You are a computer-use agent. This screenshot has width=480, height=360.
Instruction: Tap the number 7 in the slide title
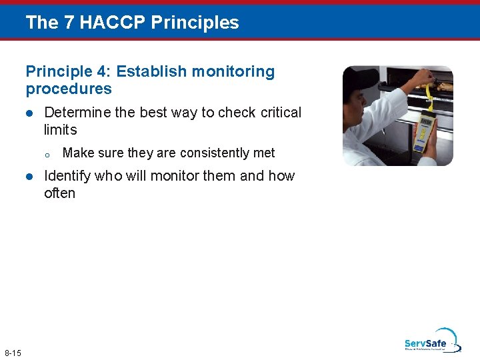click(x=70, y=23)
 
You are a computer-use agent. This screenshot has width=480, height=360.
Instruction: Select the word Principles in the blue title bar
click(x=195, y=23)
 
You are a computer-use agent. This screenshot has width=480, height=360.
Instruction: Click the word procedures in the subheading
click(x=69, y=89)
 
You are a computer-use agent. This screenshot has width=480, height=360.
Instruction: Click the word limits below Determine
click(x=60, y=130)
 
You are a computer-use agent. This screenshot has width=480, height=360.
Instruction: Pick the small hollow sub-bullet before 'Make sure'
click(x=47, y=154)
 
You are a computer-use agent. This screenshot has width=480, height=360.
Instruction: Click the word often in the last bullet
click(x=59, y=193)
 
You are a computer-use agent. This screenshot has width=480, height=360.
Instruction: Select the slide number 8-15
click(x=13, y=352)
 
